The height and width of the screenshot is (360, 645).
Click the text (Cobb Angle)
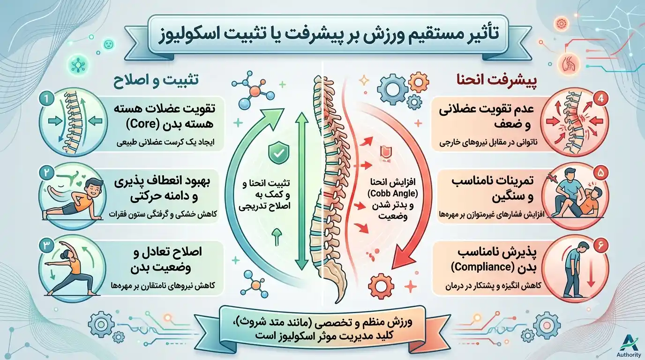393,194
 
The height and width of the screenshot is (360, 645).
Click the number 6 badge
601,245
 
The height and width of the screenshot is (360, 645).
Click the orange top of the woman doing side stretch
75,265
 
